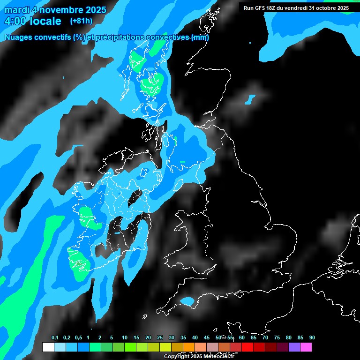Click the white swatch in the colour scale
[x=48, y=347]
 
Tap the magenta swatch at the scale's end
[x=306, y=347]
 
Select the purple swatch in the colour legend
[x=294, y=347]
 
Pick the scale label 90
[x=312, y=338]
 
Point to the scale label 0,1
[x=55, y=338]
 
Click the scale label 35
[x=183, y=338]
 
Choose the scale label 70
[x=265, y=338]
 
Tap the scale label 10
[x=124, y=338]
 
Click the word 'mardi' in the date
[x=16, y=10]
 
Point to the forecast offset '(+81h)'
[x=81, y=21]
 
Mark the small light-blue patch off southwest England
[x=187, y=300]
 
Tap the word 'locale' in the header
[x=45, y=21]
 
